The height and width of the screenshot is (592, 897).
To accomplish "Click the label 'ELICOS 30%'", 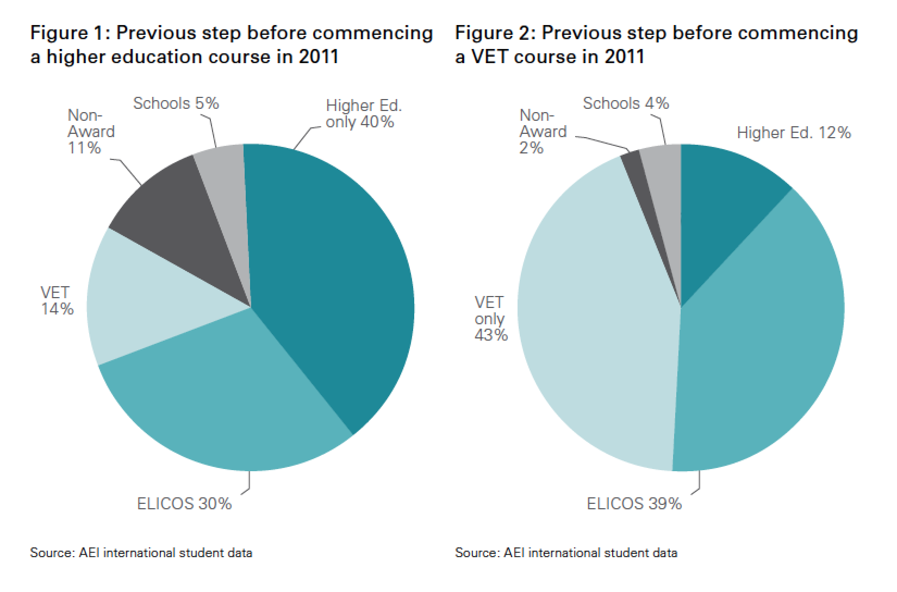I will [184, 504].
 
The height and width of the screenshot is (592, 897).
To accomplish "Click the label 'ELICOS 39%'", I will [634, 504].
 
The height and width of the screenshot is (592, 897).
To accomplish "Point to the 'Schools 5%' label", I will [176, 103].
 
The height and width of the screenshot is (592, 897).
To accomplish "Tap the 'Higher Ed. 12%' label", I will [794, 133].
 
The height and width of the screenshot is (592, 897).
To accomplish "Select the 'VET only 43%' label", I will [490, 319].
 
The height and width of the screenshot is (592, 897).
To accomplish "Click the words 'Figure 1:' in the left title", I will [70, 34].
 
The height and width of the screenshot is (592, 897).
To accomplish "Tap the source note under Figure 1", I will [141, 553].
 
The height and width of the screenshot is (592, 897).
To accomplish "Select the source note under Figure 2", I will [566, 553].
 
